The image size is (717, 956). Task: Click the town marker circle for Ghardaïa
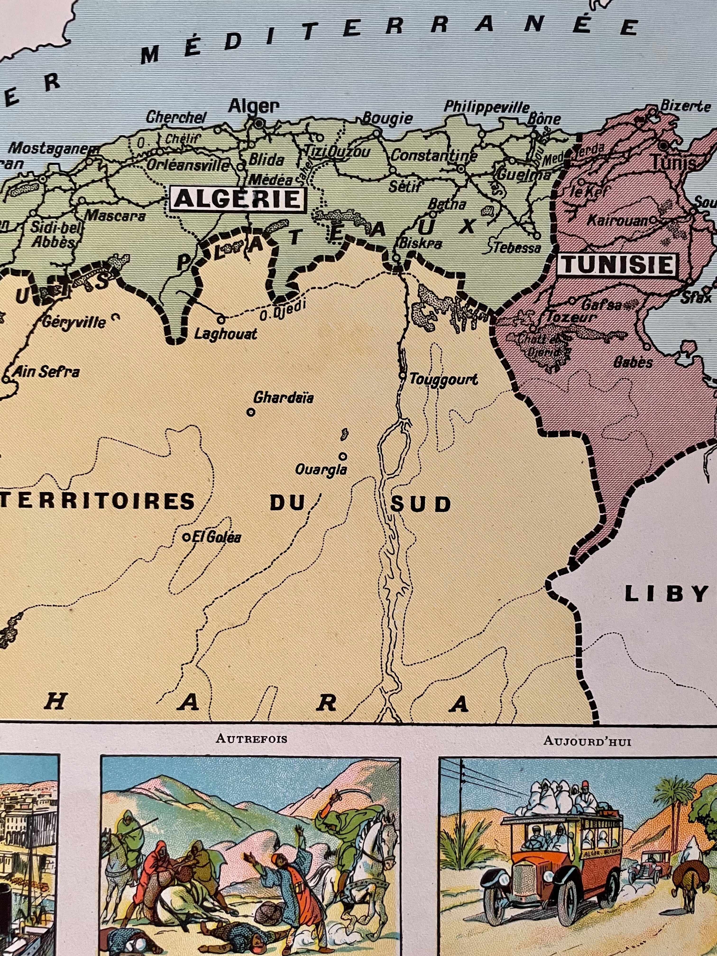[x=250, y=412]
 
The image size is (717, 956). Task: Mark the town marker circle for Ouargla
[x=343, y=456]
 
